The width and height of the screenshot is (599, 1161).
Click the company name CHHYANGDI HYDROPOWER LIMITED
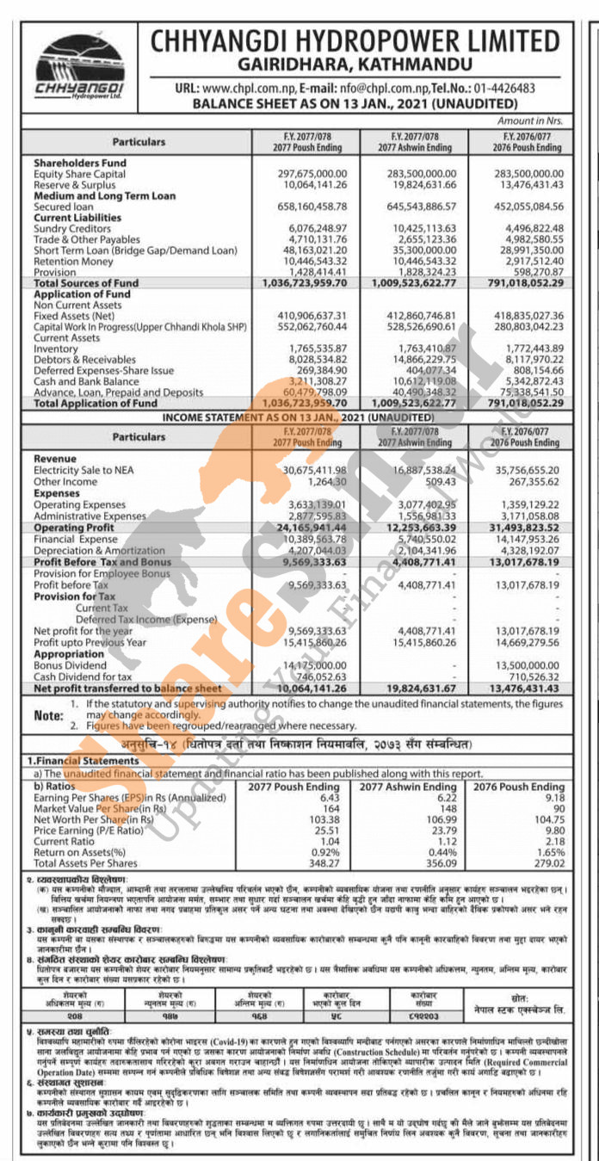[x=355, y=40]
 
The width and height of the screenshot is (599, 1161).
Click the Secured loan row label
[x=64, y=207]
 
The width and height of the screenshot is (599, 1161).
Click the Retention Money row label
[x=73, y=261]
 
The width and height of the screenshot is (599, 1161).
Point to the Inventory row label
[x=55, y=348]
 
